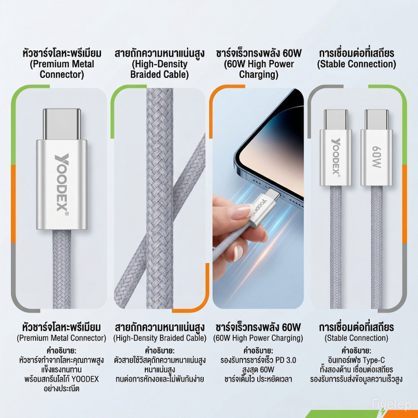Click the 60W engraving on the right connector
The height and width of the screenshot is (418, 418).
pos(376,157)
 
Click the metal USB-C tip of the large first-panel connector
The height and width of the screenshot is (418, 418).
pos(62,124)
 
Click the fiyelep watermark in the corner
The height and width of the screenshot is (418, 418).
pos(392,404)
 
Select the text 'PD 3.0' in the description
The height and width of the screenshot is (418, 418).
pos(285,360)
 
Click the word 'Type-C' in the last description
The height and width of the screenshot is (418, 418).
pos(374,360)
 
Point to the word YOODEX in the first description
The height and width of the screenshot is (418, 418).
pos(85,379)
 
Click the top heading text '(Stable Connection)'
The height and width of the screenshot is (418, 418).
pos(356,64)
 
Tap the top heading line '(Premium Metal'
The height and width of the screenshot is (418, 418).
pos(62,64)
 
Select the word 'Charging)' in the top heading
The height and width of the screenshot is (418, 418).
pos(259,74)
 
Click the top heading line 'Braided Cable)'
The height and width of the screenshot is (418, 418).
pos(159,74)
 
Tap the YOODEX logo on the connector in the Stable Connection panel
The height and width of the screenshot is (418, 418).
pos(336,157)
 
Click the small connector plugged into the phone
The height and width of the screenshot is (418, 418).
pos(264,206)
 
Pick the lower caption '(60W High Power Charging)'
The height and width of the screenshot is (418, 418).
pos(258,338)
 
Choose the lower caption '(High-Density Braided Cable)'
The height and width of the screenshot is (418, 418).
pos(160,338)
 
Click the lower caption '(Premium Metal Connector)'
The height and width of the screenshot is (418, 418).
pos(62,338)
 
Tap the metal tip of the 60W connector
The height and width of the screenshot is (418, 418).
pos(377,119)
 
